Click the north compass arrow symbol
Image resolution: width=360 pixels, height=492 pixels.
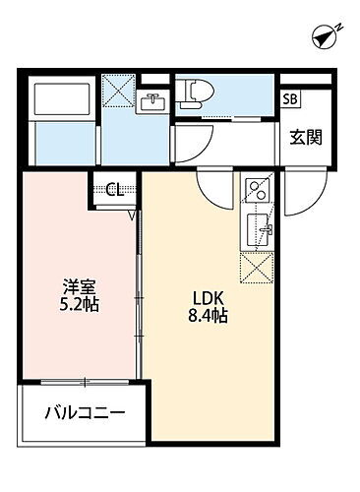pos(325,37)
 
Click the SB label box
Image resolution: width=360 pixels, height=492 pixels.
pos(292,97)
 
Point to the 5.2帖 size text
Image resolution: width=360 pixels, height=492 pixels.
pos(80,304)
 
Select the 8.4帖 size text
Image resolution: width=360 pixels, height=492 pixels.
pos(210,317)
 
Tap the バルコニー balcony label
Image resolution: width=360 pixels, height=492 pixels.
pos(84,413)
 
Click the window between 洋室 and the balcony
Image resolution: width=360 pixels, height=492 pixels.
pos(83,381)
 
